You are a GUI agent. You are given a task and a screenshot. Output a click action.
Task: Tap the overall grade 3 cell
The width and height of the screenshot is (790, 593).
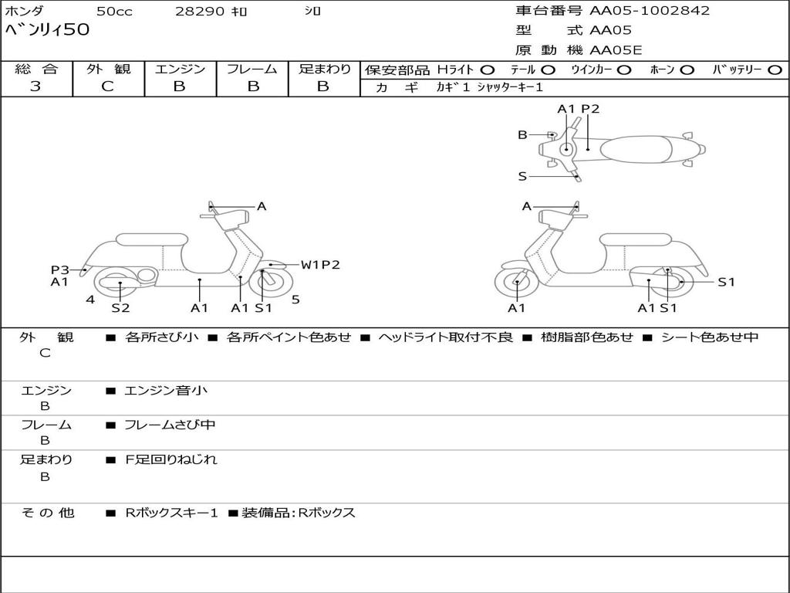[x=35, y=86]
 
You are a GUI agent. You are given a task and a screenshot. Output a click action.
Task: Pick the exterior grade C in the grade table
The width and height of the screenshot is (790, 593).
[x=107, y=86]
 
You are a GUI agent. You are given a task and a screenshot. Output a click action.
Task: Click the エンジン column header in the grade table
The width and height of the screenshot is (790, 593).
[x=180, y=69]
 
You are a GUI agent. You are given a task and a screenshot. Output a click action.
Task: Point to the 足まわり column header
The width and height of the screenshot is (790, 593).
[x=324, y=69]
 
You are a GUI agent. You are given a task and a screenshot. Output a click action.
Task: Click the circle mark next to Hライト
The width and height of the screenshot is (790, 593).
[x=487, y=69]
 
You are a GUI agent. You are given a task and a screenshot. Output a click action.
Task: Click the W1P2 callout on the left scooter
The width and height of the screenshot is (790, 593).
[x=320, y=265]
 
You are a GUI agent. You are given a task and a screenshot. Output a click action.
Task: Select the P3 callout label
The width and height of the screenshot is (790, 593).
[x=60, y=269]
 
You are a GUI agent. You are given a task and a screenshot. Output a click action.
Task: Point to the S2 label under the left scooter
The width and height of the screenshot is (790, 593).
[x=120, y=308]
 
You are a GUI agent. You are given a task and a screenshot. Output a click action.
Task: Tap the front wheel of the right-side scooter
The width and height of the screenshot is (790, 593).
[x=516, y=283]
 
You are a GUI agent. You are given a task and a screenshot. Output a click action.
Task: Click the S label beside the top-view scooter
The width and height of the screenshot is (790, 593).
[x=522, y=176]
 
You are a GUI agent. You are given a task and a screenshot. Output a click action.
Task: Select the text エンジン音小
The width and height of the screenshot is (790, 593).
[x=166, y=391]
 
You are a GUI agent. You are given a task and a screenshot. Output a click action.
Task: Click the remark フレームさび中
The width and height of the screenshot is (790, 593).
[x=170, y=425]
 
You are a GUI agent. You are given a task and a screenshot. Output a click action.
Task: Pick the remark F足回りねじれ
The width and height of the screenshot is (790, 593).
[x=171, y=459]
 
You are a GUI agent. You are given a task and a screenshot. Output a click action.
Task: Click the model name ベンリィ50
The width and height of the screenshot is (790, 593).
[x=47, y=30]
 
